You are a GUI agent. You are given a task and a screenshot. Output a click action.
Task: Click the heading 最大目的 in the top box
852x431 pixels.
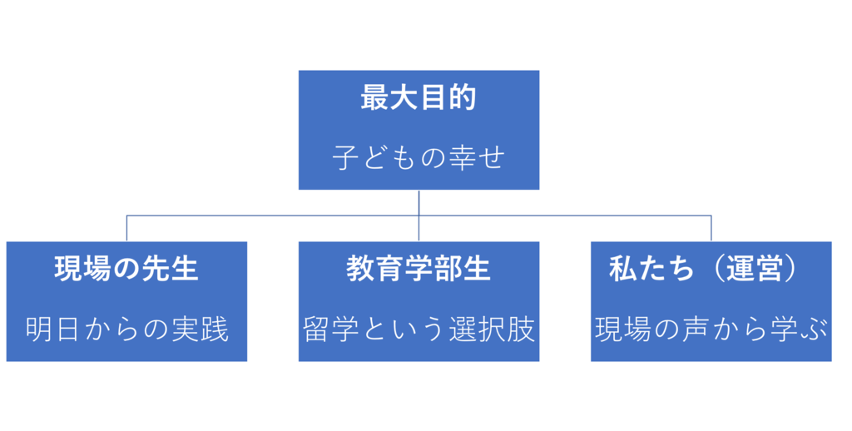point(419,97)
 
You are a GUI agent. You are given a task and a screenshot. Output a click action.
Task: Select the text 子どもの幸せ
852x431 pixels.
point(419,156)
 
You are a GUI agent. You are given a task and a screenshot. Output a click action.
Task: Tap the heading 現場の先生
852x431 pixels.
point(126,269)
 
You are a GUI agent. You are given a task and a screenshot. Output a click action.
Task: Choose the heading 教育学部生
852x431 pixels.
point(419,269)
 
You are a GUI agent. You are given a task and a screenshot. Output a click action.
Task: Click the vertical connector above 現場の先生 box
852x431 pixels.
point(126,227)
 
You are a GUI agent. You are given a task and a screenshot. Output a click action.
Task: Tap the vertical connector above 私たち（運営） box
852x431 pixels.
point(711,227)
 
